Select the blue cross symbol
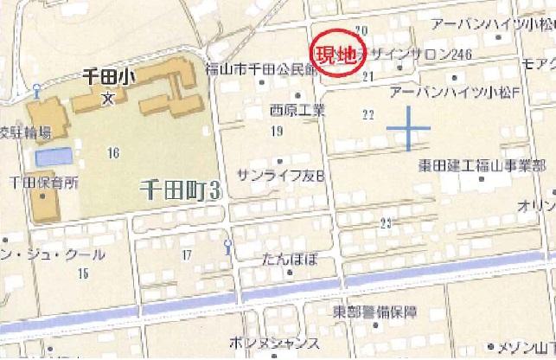click(x=407, y=130)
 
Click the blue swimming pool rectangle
click(x=54, y=158)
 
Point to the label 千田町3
click(x=177, y=191)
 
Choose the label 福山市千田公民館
click(x=262, y=70)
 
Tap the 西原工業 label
click(x=297, y=110)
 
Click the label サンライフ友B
click(x=279, y=176)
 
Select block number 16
click(x=112, y=153)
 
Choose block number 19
click(x=278, y=131)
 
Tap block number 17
click(x=186, y=254)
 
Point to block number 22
click(x=368, y=114)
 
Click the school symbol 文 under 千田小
click(x=106, y=95)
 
